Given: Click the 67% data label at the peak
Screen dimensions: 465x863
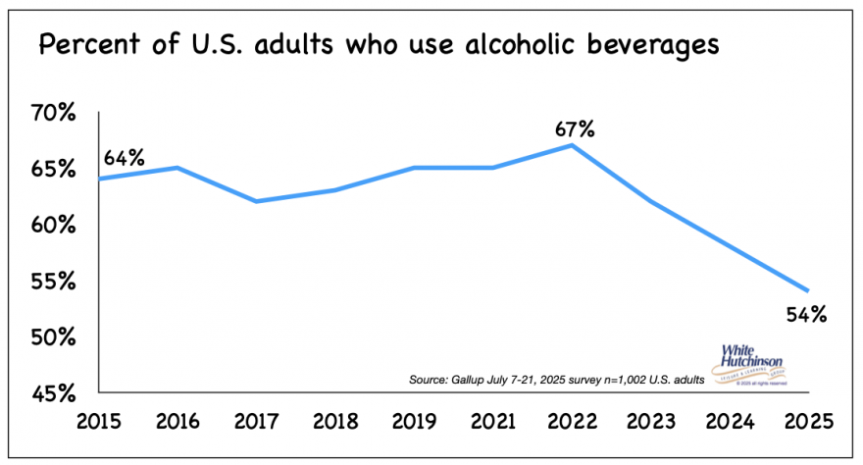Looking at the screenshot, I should (x=574, y=129).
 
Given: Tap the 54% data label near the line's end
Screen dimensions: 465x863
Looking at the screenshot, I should (x=807, y=315).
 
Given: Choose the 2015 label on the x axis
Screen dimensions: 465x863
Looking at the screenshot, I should (x=99, y=422).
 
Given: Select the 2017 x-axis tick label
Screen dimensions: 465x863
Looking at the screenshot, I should (x=257, y=422).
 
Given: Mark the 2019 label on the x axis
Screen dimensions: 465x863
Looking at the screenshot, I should (x=414, y=422).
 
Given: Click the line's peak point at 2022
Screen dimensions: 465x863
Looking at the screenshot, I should (x=572, y=145).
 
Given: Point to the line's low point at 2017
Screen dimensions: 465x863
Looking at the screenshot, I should (x=257, y=201).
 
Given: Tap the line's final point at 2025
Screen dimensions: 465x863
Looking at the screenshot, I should (x=807, y=290).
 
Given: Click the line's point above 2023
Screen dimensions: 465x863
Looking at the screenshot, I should (x=650, y=201).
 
